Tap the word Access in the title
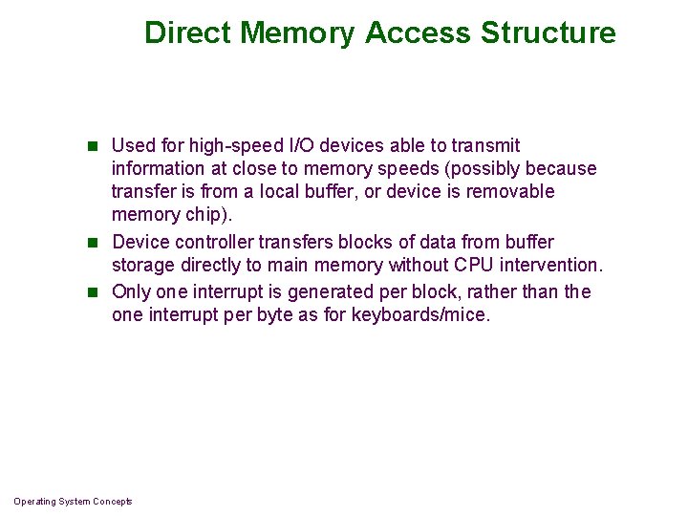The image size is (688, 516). [x=419, y=32]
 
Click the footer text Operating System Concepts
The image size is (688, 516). [x=73, y=502]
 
